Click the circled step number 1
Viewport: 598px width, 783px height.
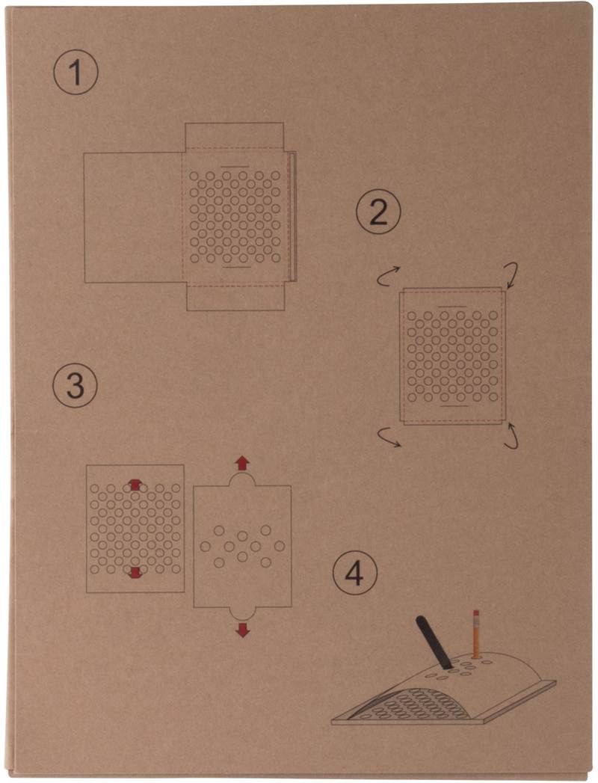click(x=76, y=73)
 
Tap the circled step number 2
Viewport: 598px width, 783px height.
click(x=378, y=212)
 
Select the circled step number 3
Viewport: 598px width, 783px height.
click(x=75, y=385)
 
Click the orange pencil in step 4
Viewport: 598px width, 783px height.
click(x=475, y=633)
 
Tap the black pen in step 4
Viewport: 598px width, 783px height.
click(x=434, y=642)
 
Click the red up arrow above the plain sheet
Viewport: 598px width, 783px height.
click(x=242, y=462)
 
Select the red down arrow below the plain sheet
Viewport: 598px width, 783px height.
click(x=242, y=630)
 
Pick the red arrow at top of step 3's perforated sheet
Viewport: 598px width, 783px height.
click(x=135, y=485)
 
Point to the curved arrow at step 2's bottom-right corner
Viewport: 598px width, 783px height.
click(x=513, y=435)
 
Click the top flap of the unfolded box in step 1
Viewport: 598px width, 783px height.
click(x=235, y=136)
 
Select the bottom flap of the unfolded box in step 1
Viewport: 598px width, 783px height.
click(x=235, y=298)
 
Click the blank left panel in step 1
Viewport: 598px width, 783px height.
click(x=133, y=218)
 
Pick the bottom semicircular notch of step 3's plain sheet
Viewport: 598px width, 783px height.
click(x=243, y=614)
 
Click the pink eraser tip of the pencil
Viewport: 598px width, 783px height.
click(x=475, y=612)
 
